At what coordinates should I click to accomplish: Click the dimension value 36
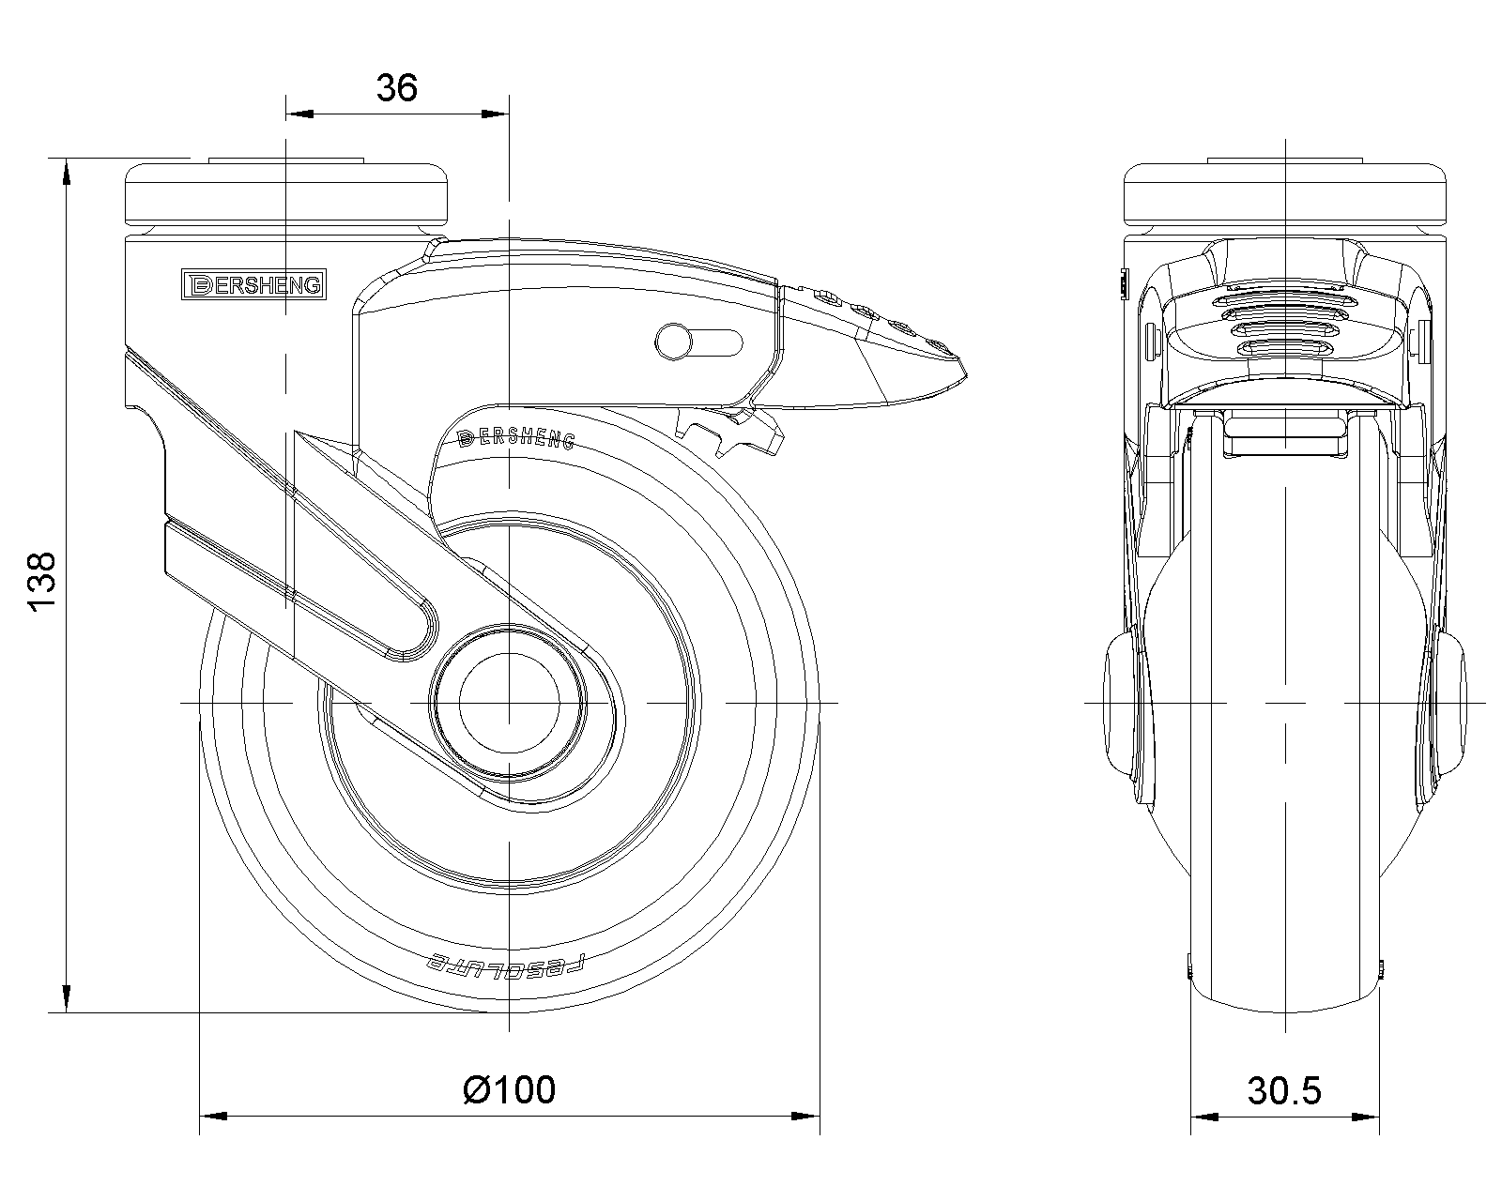point(396,88)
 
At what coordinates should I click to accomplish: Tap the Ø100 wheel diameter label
point(510,1090)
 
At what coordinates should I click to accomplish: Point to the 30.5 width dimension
point(1284,1090)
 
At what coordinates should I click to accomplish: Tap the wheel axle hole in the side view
point(509,703)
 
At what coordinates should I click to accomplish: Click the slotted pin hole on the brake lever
point(699,342)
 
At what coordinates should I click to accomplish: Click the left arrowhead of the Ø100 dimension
point(212,1117)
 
